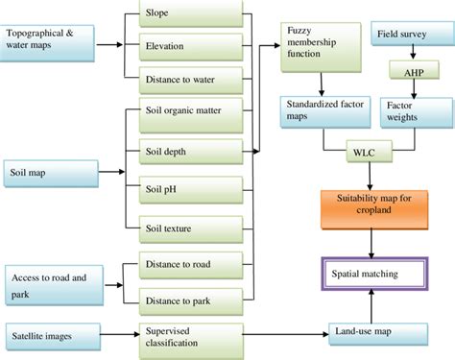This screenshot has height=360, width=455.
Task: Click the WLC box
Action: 364,151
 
